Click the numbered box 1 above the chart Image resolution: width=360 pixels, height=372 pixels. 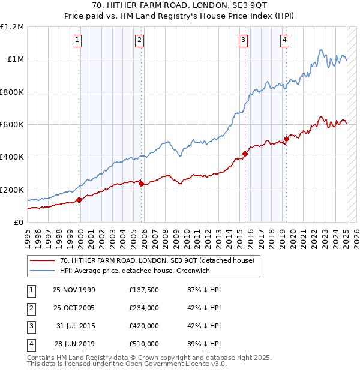tap(79, 40)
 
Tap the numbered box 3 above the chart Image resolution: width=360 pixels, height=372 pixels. tap(243, 40)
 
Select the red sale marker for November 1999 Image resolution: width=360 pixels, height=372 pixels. tap(79, 200)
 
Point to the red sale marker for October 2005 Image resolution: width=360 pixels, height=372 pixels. tap(141, 184)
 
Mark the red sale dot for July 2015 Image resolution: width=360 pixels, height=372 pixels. tap(245, 154)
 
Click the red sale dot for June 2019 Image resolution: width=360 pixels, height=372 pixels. tap(286, 139)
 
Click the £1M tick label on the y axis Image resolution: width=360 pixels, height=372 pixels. tap(14, 59)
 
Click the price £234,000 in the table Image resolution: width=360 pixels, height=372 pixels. tap(144, 308)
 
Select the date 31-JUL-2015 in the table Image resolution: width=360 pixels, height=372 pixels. tap(74, 326)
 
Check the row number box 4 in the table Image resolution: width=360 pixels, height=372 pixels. tap(30, 344)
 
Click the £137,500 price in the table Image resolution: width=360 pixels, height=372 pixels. tap(144, 290)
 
